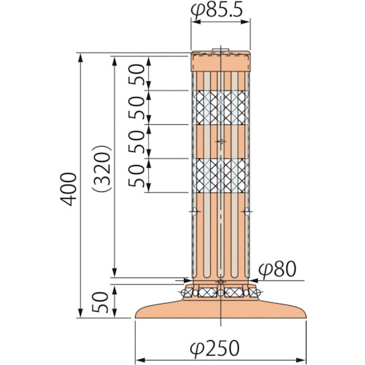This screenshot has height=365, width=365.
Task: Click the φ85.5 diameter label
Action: point(217,11)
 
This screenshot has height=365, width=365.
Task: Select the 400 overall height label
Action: point(69,189)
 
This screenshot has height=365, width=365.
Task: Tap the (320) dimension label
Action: point(101,169)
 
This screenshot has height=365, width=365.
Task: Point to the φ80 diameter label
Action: point(277,269)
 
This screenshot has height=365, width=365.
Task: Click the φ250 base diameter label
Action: point(215,348)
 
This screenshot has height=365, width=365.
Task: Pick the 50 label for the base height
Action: point(100,302)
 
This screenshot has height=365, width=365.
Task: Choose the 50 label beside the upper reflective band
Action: point(137,107)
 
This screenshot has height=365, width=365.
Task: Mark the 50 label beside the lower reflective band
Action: point(137,176)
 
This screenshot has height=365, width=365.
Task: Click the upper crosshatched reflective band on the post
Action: point(220,107)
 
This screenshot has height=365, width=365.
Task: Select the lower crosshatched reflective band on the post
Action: point(220,175)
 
